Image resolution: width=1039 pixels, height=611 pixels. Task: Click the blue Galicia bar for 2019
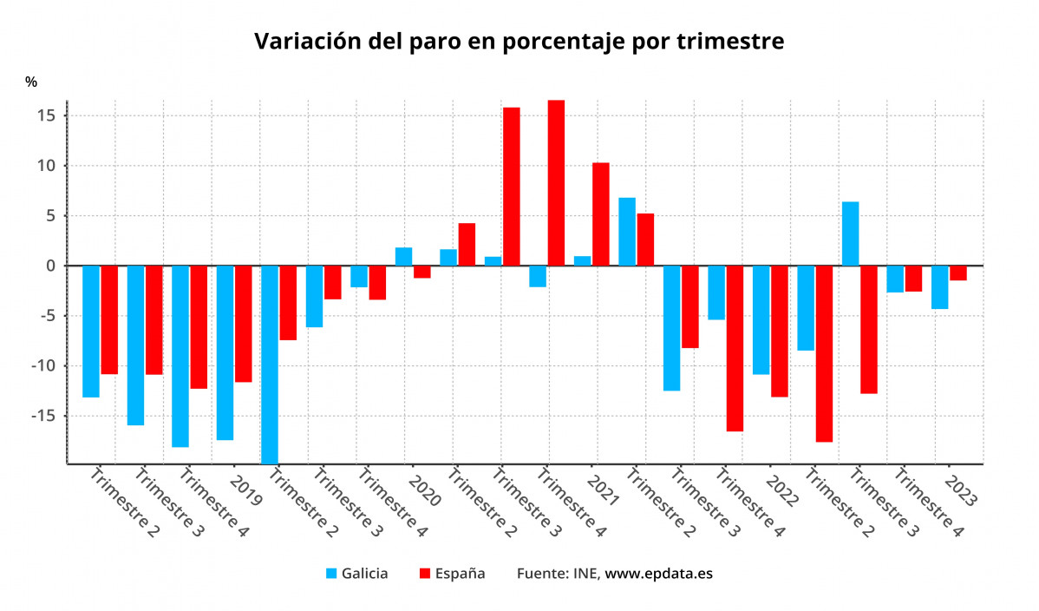coord(225,352)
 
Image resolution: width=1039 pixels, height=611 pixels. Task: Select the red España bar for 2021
coord(600,214)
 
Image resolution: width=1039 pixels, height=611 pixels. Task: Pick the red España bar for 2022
coord(779,331)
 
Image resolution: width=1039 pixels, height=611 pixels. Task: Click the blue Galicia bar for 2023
coord(939,287)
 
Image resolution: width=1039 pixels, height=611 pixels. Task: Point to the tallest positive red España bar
coord(556,183)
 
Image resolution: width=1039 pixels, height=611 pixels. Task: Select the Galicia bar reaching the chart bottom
coord(270,365)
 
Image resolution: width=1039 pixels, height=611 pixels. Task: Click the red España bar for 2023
coord(957,273)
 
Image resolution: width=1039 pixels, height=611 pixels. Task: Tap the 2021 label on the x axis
coord(603,490)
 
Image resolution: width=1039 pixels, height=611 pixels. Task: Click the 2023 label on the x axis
coord(961,490)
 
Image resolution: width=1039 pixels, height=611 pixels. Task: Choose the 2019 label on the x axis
coord(246,490)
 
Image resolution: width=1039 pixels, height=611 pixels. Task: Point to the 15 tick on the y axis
coord(46,115)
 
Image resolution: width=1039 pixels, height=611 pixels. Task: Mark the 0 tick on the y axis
coord(50,266)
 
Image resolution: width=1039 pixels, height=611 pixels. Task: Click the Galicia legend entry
coord(356,574)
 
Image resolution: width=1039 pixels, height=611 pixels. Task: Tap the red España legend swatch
coord(425,574)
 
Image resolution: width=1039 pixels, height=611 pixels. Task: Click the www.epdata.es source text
coord(658,574)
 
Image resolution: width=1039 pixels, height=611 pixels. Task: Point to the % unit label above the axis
coord(31,82)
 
